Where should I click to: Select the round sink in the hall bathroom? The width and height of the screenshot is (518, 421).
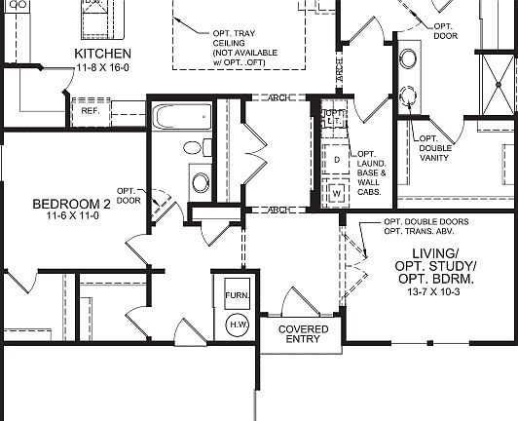pyautogui.click(x=201, y=182)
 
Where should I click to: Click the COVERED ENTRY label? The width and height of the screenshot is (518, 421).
pyautogui.click(x=304, y=335)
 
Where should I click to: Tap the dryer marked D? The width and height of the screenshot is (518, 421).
pyautogui.click(x=337, y=158)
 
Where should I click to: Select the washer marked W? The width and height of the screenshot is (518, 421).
pyautogui.click(x=337, y=192)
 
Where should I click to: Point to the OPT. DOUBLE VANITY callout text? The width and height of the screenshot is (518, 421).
pyautogui.click(x=433, y=149)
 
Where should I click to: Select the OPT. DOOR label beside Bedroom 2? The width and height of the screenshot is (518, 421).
pyautogui.click(x=129, y=195)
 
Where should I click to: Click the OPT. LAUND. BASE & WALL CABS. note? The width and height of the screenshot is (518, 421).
pyautogui.click(x=372, y=173)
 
